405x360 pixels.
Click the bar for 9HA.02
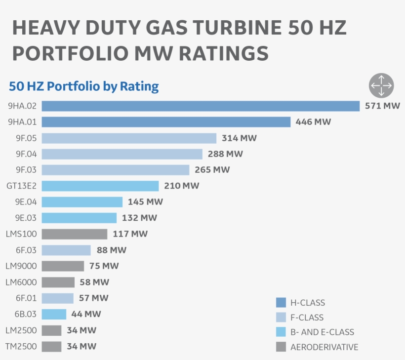point(201,106)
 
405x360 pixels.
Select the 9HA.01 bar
point(166,122)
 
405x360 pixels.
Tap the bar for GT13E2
point(100,186)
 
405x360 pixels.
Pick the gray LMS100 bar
point(74,234)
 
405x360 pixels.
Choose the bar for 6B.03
point(54,314)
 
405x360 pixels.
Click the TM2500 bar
point(51,346)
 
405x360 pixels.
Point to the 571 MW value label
point(382,106)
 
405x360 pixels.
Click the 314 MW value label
point(239,138)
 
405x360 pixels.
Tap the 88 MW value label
point(112,250)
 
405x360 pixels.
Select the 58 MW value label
point(94,282)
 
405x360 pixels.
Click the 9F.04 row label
point(26,154)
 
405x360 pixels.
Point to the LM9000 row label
point(21,266)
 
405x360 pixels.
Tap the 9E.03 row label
point(26,218)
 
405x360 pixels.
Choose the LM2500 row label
point(21,330)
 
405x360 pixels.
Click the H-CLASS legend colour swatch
point(281,302)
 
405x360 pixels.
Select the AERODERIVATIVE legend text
point(324,347)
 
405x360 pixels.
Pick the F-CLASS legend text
point(307,318)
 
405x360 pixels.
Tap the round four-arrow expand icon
point(381,85)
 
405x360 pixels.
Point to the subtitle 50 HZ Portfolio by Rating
point(84,86)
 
